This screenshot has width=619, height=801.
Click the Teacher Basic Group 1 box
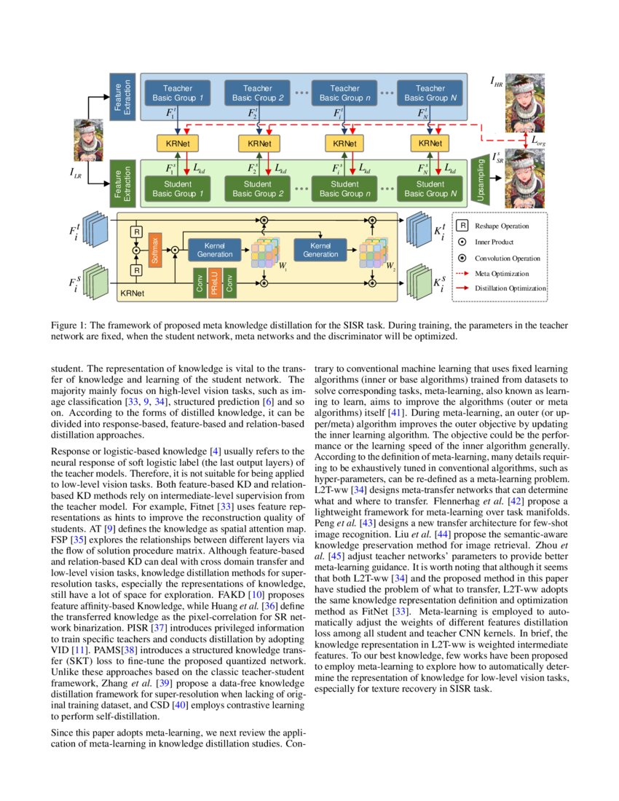179,92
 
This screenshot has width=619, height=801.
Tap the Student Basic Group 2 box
258,189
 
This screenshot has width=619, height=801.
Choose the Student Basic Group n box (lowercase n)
344,189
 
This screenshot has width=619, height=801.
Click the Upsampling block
480,178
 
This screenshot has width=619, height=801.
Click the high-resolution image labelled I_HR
520,97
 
